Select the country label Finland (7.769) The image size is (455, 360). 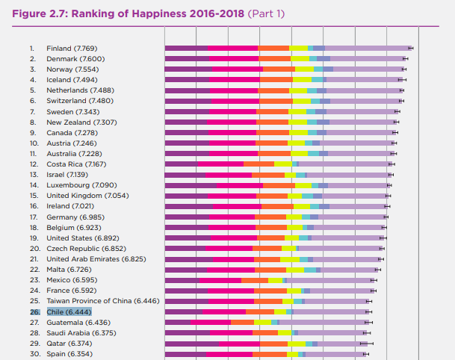72,48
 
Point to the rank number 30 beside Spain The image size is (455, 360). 34,353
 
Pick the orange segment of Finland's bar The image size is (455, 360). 274,48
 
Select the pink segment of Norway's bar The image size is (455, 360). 237,69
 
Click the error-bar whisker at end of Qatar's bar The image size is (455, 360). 367,343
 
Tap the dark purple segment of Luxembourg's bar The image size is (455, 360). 191,184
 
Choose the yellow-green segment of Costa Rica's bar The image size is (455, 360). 283,164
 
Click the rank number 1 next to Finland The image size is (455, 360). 32,48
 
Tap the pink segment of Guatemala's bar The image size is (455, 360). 211,322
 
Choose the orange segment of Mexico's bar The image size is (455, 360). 255,280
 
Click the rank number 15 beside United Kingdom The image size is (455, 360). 34,195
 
